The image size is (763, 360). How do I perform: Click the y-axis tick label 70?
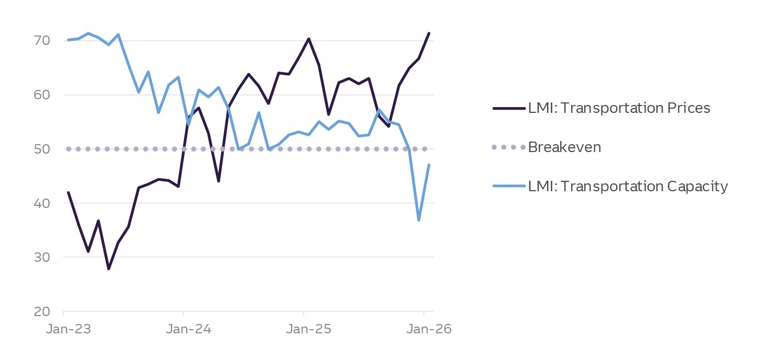point(42,41)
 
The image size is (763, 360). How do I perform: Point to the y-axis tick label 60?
point(42,95)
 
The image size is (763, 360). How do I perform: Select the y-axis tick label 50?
point(42,149)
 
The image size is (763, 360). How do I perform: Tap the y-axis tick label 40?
point(42,203)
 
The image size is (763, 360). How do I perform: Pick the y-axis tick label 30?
point(42,257)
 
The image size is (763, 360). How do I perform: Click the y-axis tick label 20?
point(42,311)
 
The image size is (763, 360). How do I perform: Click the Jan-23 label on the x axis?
point(64,330)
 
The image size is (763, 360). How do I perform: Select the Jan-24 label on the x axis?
point(183,330)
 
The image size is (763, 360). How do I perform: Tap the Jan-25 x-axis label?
point(304,330)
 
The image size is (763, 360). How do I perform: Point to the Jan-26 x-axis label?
point(424,330)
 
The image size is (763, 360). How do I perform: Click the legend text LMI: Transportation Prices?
point(619,108)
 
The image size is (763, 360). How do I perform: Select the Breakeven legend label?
point(564,147)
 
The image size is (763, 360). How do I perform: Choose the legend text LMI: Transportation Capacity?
point(628,187)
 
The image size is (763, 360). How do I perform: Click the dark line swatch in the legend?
point(508,108)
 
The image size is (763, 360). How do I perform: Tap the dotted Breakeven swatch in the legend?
point(508,147)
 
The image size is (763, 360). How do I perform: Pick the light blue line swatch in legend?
point(508,187)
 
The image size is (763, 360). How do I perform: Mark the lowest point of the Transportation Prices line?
point(109,269)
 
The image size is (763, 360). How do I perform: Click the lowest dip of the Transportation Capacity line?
point(419,220)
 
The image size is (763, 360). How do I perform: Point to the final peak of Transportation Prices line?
point(429,33)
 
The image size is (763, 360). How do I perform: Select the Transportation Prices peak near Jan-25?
point(309,39)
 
